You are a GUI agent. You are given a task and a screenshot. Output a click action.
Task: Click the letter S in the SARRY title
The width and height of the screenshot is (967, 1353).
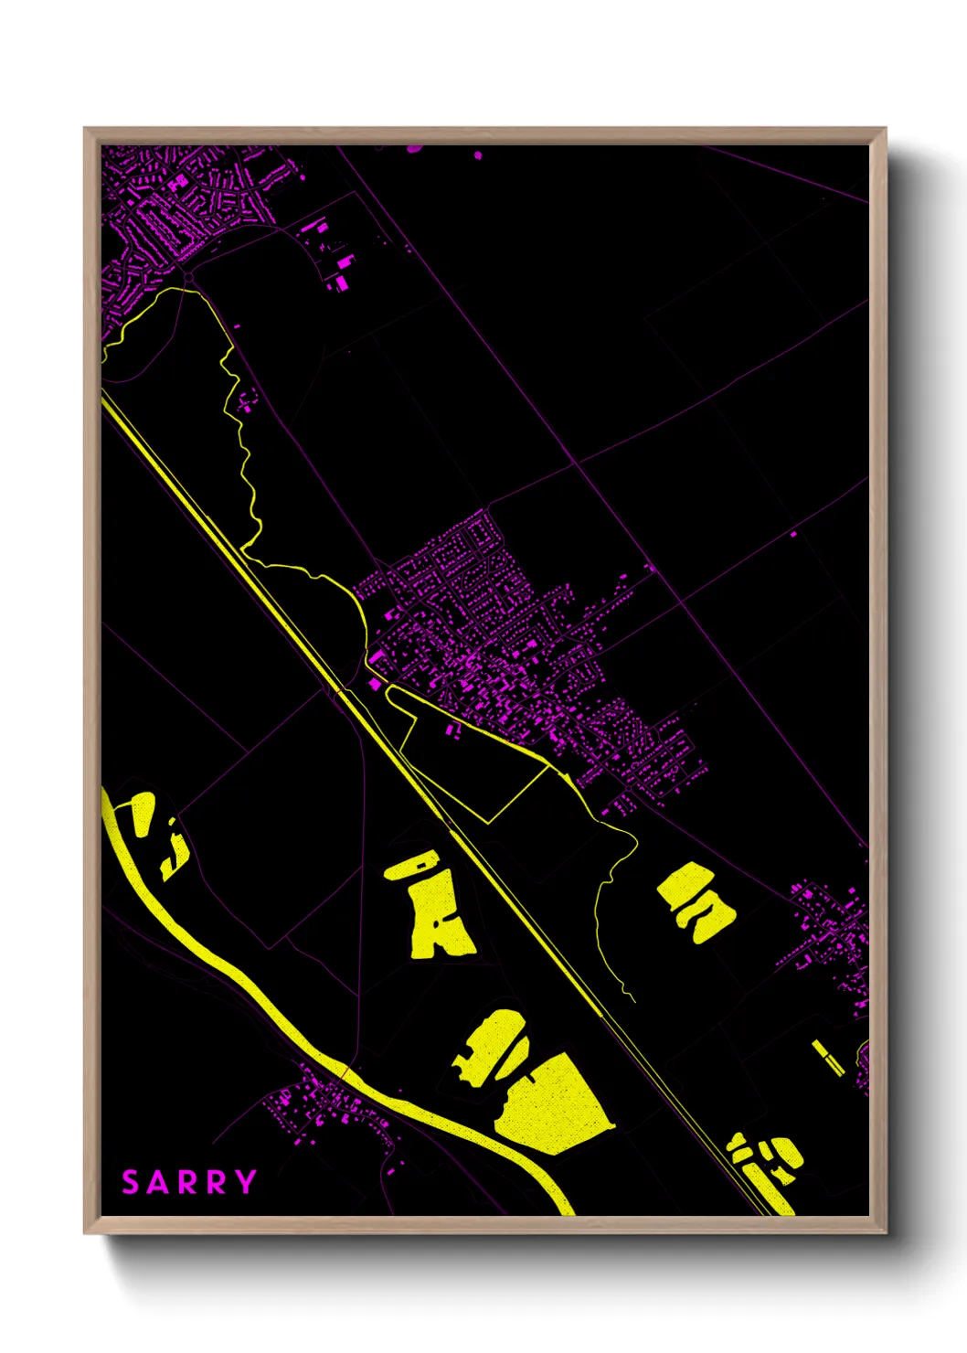[x=131, y=1182]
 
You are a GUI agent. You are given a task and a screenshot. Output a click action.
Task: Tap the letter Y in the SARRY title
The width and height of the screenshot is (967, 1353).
[x=245, y=1182]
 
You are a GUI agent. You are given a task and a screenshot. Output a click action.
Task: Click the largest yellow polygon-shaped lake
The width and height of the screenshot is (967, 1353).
[x=552, y=1105]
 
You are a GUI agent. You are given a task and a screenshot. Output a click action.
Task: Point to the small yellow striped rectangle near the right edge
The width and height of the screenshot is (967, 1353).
[x=829, y=1058]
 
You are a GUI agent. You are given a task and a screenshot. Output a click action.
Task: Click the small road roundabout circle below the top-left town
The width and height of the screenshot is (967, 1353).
[x=188, y=277]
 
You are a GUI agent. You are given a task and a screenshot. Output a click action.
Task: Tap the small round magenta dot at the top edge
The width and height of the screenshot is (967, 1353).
[x=478, y=155]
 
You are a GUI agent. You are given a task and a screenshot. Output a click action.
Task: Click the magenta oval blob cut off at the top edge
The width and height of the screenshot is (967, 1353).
[x=414, y=148]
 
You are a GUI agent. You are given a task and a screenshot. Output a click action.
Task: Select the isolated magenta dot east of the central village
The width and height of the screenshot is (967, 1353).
[x=793, y=533]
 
